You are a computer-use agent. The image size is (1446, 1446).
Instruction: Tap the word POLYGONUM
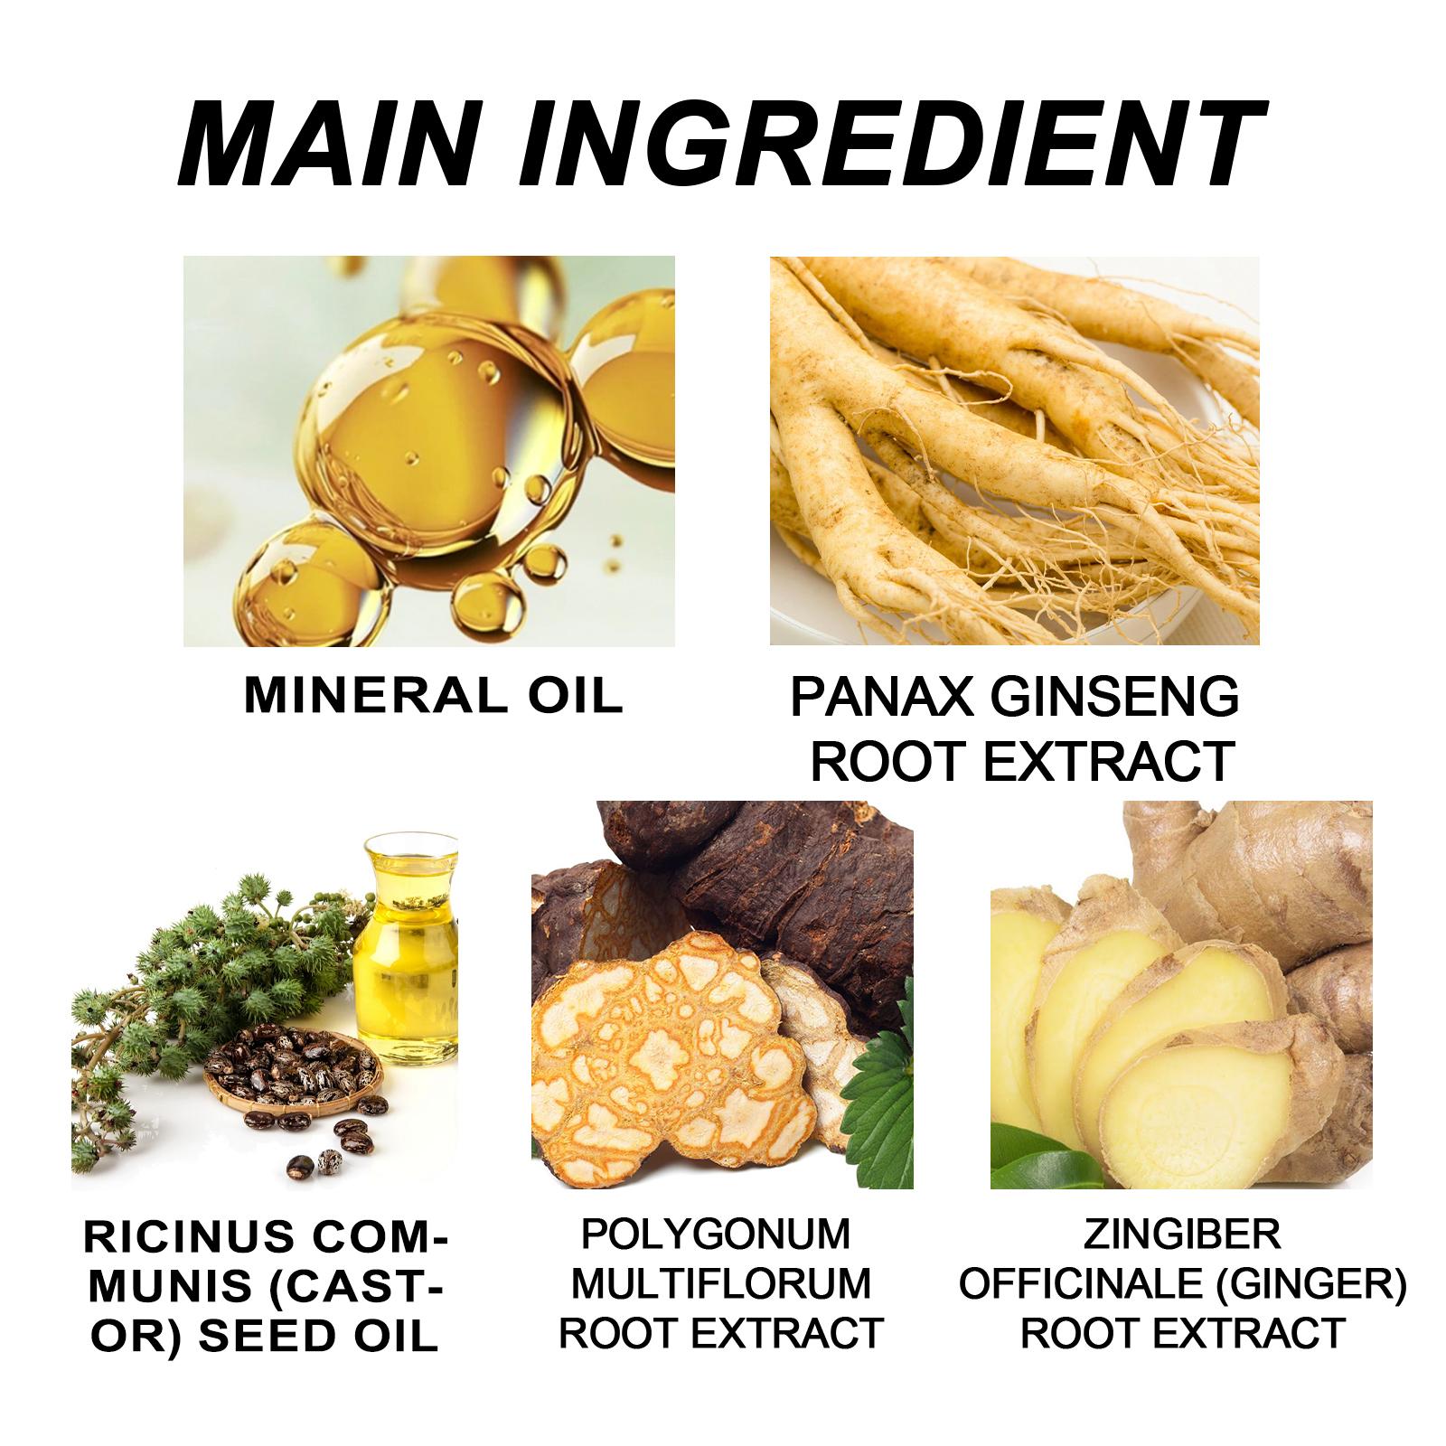point(715,1235)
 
